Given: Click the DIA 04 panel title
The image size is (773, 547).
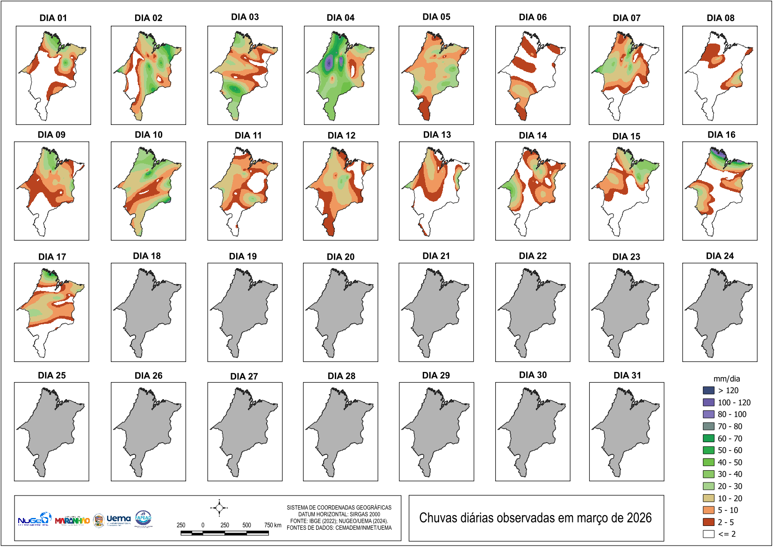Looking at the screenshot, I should coord(340,18).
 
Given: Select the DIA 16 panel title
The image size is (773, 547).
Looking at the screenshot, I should coord(721,135).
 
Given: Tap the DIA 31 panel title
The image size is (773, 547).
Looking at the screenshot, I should coord(627,375).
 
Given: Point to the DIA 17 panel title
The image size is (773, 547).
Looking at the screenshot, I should coord(52,257).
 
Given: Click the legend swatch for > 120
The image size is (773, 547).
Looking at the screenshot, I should coord(708,390).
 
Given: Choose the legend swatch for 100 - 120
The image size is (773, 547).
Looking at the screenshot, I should coord(708,402).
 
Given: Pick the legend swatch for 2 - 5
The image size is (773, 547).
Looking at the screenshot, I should coord(708,522).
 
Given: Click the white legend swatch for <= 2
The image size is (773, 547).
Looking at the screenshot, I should coord(708,534).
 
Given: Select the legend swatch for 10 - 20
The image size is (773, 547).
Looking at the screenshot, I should coord(708,498).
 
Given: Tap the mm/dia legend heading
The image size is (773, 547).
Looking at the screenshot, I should coord(726,379).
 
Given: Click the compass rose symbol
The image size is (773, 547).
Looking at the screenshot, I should coord(219,508).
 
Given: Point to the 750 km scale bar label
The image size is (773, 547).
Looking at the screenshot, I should coord(273,525).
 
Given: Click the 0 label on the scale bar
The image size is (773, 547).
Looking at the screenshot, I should coord(203,525).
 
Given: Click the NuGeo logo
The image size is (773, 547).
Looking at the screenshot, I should coord(34,519).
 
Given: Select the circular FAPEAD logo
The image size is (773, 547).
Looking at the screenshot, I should coord(143,518).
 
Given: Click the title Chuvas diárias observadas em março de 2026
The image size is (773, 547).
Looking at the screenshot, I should coord(535,518).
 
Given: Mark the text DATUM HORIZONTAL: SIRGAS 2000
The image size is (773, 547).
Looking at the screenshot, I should coord(339,514).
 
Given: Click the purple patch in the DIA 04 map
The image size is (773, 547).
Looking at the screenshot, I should coord(329,62).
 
